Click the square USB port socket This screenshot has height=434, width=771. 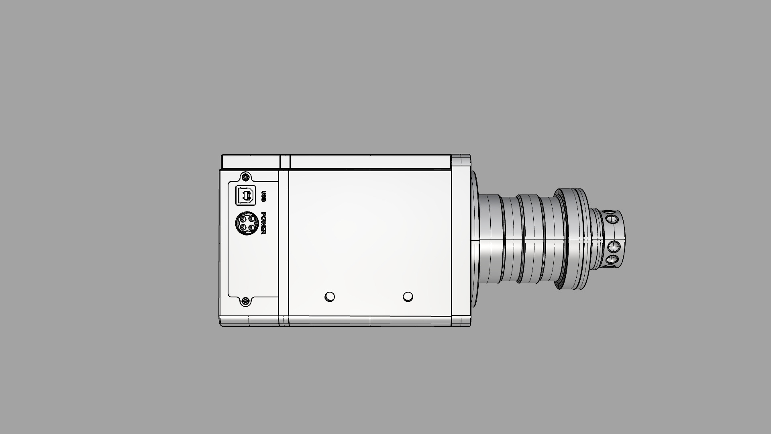[x=245, y=196]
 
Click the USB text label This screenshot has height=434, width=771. [x=264, y=197]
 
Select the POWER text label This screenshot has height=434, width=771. [x=264, y=224]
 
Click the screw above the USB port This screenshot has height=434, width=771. [x=246, y=177]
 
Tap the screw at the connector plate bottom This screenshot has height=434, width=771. [x=246, y=301]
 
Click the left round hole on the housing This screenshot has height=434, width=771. [x=329, y=297]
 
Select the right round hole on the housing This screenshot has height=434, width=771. [x=408, y=297]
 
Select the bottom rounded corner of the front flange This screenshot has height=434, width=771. [x=461, y=322]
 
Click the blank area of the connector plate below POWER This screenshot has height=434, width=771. [x=253, y=265]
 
